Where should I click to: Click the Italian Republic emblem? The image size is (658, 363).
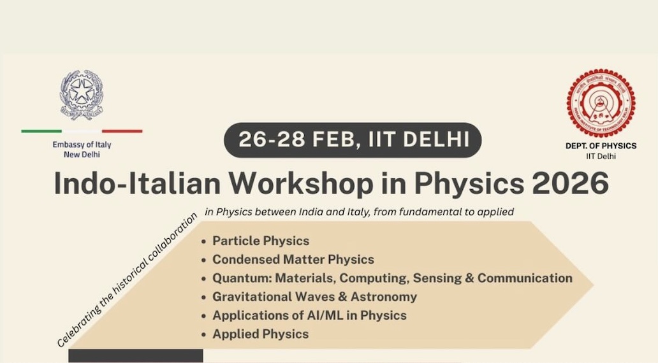pos(82,95)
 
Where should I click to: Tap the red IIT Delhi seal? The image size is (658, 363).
pos(601,103)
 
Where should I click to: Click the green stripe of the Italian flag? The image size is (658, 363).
pos(41,131)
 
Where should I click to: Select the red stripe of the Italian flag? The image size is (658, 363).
pos(122,131)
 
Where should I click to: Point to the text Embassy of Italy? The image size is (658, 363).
pos(82,145)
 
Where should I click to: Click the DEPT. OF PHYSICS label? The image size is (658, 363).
pos(601,146)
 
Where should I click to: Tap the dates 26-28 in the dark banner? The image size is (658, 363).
pos(272,139)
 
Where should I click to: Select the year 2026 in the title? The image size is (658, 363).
pos(570,183)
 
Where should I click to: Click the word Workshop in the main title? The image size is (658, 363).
pos(301,183)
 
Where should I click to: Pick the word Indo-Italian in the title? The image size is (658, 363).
pos(137,183)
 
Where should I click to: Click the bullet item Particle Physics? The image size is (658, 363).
pos(261,241)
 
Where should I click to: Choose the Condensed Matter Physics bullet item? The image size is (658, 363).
pos(293,259)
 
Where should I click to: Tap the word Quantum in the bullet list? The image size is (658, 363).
pos(242,278)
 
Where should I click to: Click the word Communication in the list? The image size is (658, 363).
pos(525,278)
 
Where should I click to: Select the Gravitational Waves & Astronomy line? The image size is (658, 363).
pos(314,297)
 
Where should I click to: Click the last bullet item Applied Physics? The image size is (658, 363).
pos(260,334)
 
